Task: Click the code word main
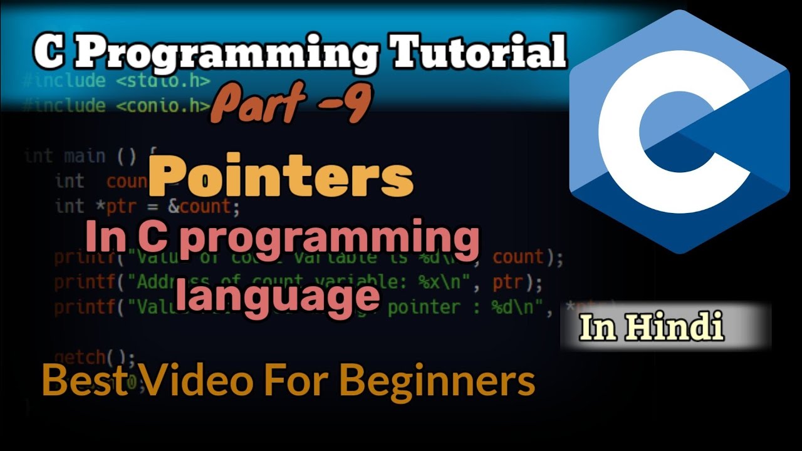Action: point(85,155)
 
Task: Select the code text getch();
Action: point(95,358)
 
